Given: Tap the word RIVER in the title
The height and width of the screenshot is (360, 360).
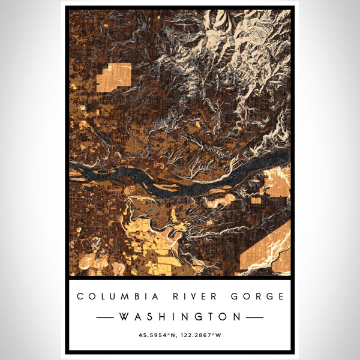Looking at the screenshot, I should coord(180,296).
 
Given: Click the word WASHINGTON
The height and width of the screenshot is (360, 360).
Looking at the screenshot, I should coord(180,316).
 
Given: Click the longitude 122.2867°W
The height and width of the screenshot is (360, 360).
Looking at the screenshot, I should coord(202,334).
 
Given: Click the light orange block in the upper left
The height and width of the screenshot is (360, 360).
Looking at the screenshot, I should coord(114,77).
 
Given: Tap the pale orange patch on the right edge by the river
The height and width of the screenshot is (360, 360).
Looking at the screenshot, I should coord(277,183).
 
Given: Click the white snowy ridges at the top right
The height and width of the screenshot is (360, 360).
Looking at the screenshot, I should coord(252,36).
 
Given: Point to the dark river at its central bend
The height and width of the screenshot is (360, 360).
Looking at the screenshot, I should coord(162,186).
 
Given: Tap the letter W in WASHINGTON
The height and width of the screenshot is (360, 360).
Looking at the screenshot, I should coord(122,316).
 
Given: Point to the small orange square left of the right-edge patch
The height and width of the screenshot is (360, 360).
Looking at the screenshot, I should coord(256,200).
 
